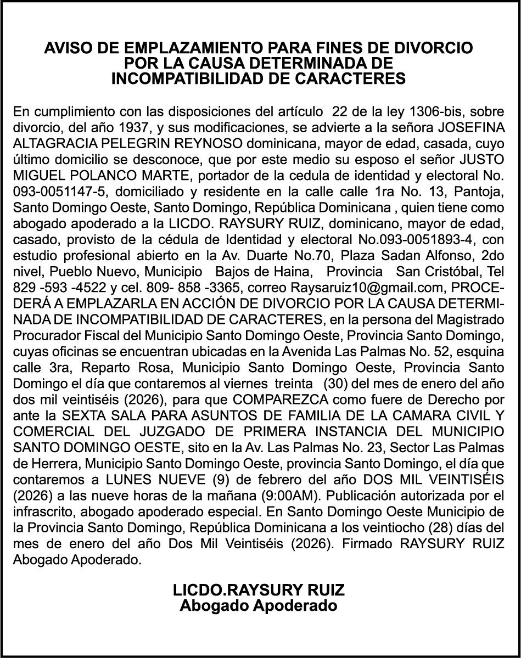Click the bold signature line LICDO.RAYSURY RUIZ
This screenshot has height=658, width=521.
tap(259, 590)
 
